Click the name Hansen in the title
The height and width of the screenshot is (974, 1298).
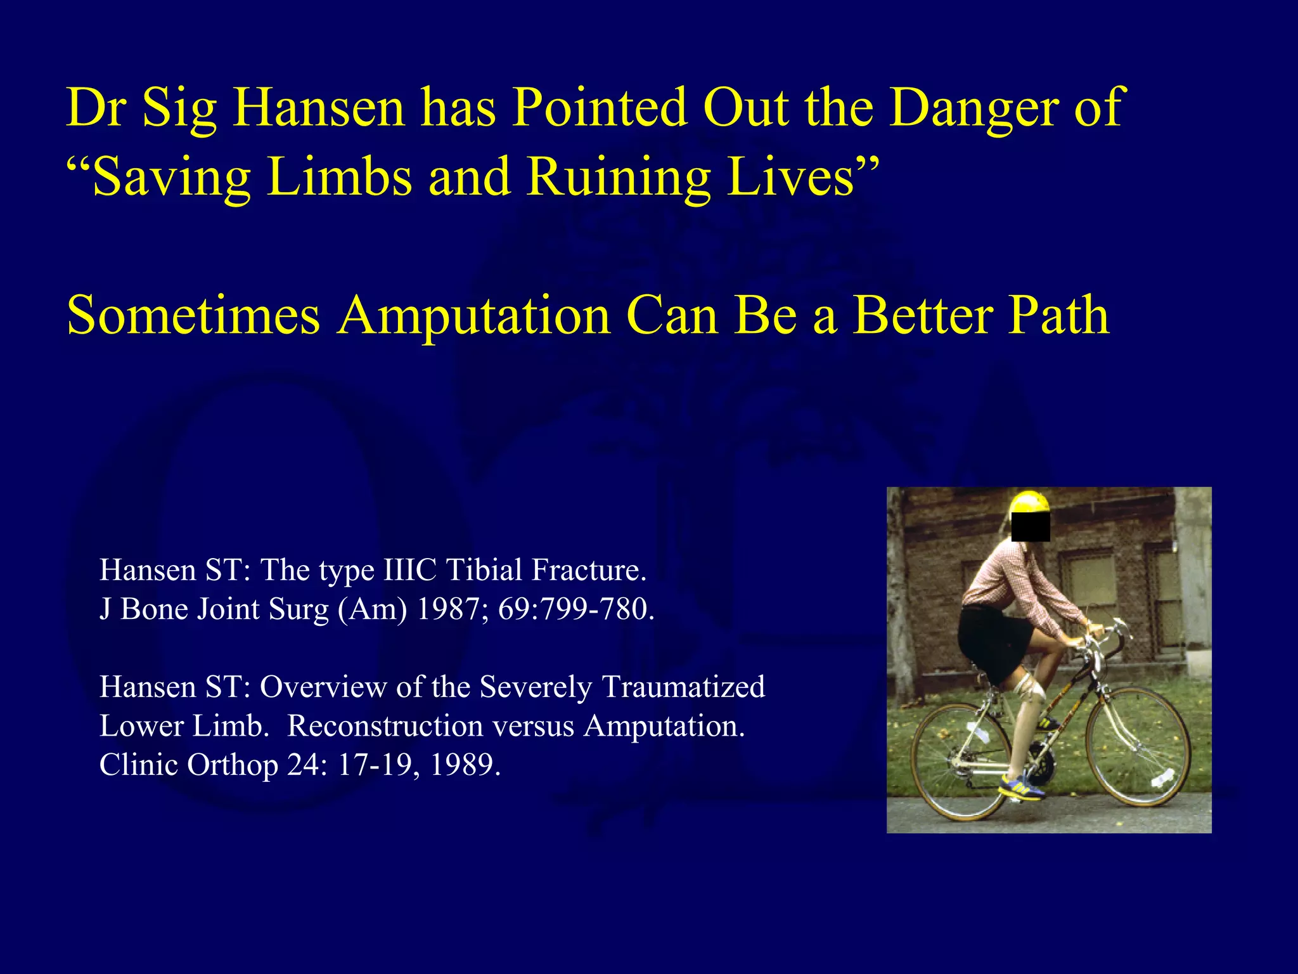(318, 108)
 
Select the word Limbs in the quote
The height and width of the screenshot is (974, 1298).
(340, 177)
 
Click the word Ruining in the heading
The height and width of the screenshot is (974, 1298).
(619, 177)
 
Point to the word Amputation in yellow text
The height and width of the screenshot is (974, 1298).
(474, 316)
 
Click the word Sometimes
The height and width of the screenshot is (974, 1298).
(193, 316)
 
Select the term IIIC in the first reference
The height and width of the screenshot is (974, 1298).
(410, 570)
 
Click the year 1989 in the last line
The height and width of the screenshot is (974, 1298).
(464, 765)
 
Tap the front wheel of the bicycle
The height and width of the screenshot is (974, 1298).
(1138, 746)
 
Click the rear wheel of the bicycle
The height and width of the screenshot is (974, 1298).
(960, 760)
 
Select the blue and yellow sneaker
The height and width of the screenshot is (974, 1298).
(1021, 788)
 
